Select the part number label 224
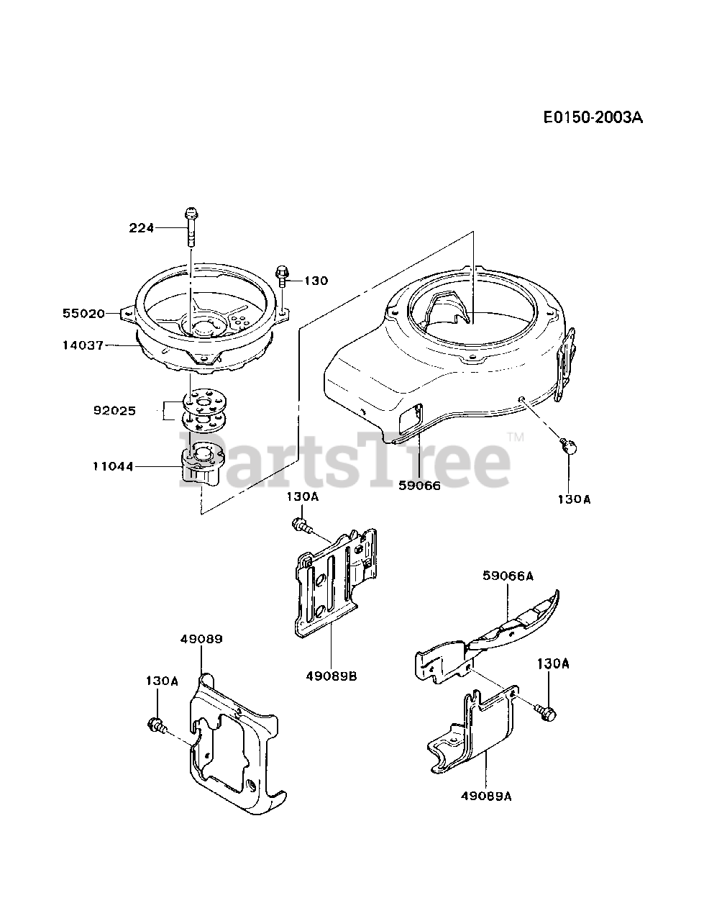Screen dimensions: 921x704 click(x=142, y=228)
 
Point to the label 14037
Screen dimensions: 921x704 click(x=83, y=346)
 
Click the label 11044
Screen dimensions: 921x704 click(x=112, y=466)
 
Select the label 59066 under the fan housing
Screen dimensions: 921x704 click(x=421, y=485)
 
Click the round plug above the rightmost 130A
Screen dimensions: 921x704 click(x=570, y=447)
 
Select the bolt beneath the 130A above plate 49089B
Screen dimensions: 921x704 click(x=301, y=527)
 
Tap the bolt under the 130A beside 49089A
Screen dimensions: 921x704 click(x=545, y=712)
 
